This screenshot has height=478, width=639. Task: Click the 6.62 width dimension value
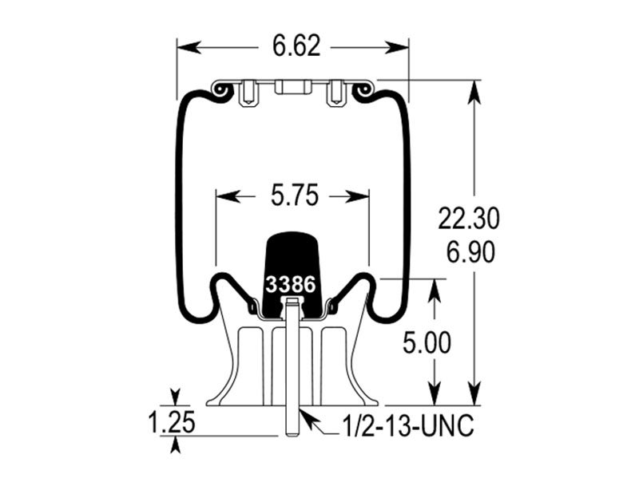(296, 46)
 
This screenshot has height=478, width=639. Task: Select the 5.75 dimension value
(294, 195)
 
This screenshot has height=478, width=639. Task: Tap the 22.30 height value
(468, 217)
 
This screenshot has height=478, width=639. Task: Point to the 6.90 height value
(468, 251)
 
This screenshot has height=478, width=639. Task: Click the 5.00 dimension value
(425, 344)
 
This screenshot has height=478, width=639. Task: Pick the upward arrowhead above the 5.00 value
(435, 287)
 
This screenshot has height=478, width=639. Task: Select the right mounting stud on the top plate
(335, 94)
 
